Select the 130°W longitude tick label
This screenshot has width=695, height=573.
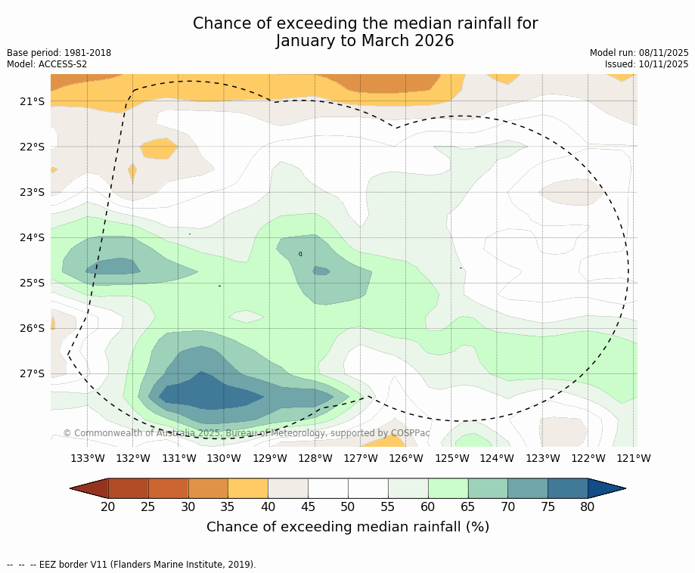(224, 458)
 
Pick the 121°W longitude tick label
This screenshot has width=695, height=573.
(634, 458)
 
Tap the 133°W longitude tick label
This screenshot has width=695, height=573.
(88, 458)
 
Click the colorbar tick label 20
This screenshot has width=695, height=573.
(108, 506)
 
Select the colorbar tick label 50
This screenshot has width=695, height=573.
(348, 506)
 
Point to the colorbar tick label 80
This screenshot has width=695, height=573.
(588, 506)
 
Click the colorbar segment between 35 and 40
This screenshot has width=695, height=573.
(248, 488)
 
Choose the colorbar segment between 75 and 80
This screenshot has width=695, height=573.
(567, 488)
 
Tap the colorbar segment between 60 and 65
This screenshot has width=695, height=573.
(448, 488)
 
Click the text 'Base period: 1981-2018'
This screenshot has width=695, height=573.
(59, 53)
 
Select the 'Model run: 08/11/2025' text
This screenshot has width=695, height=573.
(639, 53)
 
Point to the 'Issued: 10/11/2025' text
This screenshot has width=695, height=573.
(647, 64)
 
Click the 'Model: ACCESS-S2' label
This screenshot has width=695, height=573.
(47, 64)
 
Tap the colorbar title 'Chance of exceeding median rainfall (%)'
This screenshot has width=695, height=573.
(348, 527)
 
